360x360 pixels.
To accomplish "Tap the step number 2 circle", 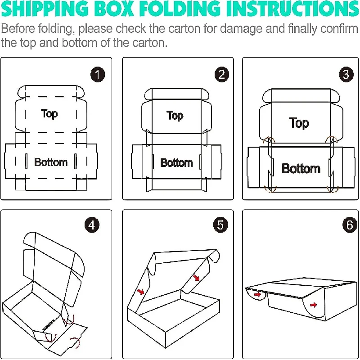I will pyautogui.click(x=220, y=74).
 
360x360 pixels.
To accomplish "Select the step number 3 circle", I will pyautogui.click(x=346, y=74).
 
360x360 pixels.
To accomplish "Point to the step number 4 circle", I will pyautogui.click(x=92, y=225).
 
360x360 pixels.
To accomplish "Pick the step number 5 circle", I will pyautogui.click(x=220, y=225).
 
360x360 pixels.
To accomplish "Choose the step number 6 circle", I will pyautogui.click(x=350, y=225).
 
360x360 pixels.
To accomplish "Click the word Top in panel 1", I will pyautogui.click(x=49, y=113).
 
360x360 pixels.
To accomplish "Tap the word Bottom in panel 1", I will pyautogui.click(x=51, y=162).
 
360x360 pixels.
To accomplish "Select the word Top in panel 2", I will pyautogui.click(x=175, y=116).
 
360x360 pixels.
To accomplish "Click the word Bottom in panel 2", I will pyautogui.click(x=176, y=162).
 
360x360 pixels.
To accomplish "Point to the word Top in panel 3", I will pyautogui.click(x=299, y=123).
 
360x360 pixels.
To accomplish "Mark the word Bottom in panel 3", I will pyautogui.click(x=301, y=169).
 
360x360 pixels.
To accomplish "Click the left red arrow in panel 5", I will pyautogui.click(x=141, y=292).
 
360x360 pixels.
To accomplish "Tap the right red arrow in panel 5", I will pyautogui.click(x=197, y=278).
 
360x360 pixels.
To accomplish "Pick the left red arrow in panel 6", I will pyautogui.click(x=257, y=295).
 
